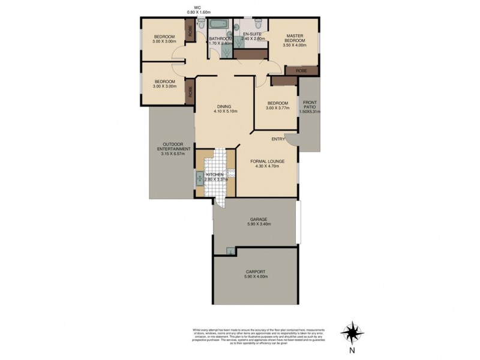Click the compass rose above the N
tap(352, 332)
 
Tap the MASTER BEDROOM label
tap(296, 38)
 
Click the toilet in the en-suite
tap(258, 25)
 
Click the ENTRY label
tap(278, 139)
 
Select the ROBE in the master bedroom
tap(301, 71)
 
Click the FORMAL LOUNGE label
tap(268, 161)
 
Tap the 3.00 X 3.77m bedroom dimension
tap(278, 108)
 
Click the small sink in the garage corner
tap(230, 251)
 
